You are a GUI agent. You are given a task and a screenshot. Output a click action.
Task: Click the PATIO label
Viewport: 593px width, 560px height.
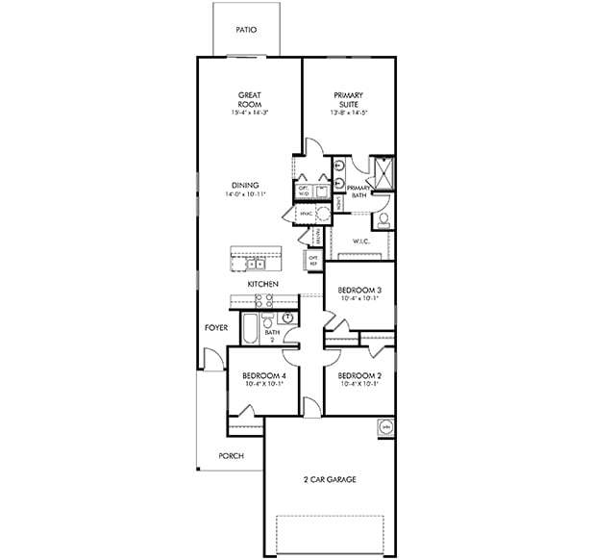(x=246, y=30)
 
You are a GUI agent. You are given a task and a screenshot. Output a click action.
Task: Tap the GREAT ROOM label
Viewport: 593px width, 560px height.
(x=251, y=100)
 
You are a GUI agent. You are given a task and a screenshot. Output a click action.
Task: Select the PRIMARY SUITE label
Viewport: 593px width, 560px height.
(x=348, y=100)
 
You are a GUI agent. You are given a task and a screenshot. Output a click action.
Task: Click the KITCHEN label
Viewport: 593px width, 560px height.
(x=262, y=285)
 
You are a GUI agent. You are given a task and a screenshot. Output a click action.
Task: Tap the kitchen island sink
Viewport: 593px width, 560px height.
(x=254, y=261)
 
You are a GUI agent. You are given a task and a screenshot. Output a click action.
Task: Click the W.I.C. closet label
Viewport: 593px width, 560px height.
(x=361, y=242)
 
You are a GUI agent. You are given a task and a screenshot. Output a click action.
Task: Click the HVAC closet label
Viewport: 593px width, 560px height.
(x=306, y=213)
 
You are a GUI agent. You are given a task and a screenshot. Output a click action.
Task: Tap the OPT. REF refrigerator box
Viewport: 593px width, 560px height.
(x=313, y=259)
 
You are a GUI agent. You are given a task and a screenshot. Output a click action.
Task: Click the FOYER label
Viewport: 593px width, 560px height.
(x=216, y=328)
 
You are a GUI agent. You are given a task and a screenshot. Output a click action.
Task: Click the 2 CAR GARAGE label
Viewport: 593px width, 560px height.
(x=330, y=479)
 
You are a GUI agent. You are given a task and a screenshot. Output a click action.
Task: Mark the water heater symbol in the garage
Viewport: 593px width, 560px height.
(x=387, y=426)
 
